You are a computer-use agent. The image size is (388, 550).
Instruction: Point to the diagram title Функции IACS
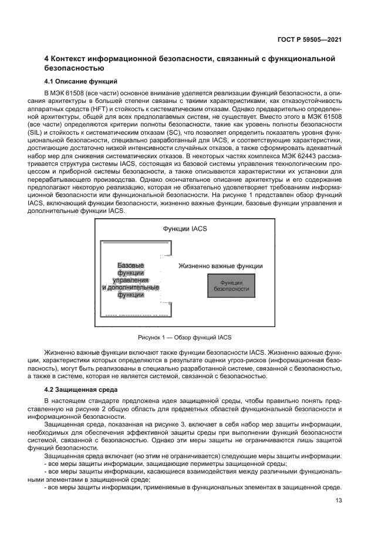click(184, 228)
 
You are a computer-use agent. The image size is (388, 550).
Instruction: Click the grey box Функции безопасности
click(231, 285)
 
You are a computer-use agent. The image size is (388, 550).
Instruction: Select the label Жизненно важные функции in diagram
click(220, 266)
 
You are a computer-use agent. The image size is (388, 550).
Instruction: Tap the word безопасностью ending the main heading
click(78, 68)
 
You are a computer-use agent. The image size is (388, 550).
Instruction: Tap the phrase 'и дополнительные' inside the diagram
click(130, 288)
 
